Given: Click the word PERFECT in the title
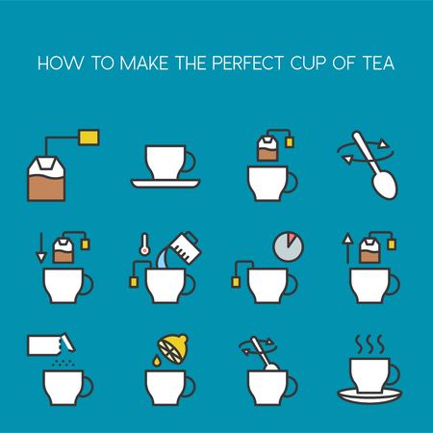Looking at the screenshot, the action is pyautogui.click(x=247, y=63).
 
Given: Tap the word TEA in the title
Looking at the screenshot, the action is pyautogui.click(x=378, y=63).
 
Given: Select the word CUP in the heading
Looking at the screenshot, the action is pyautogui.click(x=308, y=63).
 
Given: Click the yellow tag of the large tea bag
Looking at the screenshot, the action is pyautogui.click(x=89, y=138).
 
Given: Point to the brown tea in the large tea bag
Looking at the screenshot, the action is pyautogui.click(x=46, y=188).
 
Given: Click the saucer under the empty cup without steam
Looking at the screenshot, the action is pyautogui.click(x=166, y=184).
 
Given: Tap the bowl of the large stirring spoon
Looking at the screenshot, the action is pyautogui.click(x=385, y=185).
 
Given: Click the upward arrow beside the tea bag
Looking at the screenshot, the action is pyautogui.click(x=347, y=248).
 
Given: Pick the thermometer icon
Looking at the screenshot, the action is pyautogui.click(x=144, y=244).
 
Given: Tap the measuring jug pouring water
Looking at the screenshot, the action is pyautogui.click(x=185, y=247).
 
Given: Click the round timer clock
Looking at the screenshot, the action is pyautogui.click(x=288, y=247).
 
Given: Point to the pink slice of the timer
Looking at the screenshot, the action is pyautogui.click(x=292, y=240).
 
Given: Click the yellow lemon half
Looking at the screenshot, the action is pyautogui.click(x=173, y=349).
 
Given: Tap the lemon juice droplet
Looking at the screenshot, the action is pyautogui.click(x=156, y=361).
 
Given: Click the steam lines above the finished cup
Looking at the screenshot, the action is pyautogui.click(x=369, y=344).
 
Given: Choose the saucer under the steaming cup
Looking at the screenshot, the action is pyautogui.click(x=369, y=395).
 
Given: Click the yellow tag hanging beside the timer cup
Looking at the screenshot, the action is pyautogui.click(x=236, y=282).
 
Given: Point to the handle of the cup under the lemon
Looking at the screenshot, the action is pyautogui.click(x=190, y=387).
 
